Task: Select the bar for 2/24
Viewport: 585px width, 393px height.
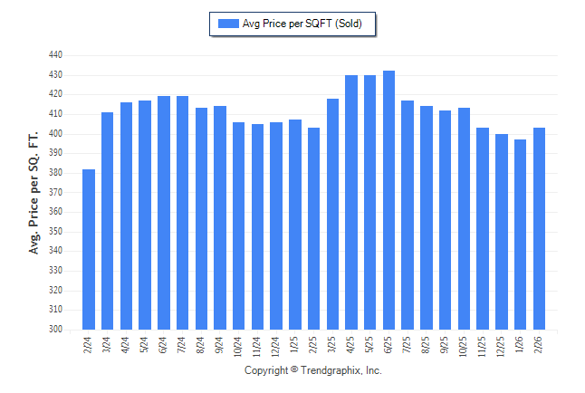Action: tap(89, 249)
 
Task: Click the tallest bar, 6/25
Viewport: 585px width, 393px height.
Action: tap(388, 200)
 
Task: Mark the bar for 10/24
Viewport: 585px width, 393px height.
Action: tap(239, 225)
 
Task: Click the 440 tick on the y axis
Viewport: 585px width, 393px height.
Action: tap(55, 55)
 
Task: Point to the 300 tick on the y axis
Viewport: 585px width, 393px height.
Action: tap(55, 330)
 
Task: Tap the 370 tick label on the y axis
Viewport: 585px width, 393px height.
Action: tap(55, 193)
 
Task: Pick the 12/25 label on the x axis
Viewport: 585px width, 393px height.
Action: tap(502, 346)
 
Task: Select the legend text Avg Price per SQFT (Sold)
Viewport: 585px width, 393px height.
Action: tap(302, 24)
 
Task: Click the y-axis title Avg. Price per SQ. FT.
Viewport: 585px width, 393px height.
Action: tap(34, 181)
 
